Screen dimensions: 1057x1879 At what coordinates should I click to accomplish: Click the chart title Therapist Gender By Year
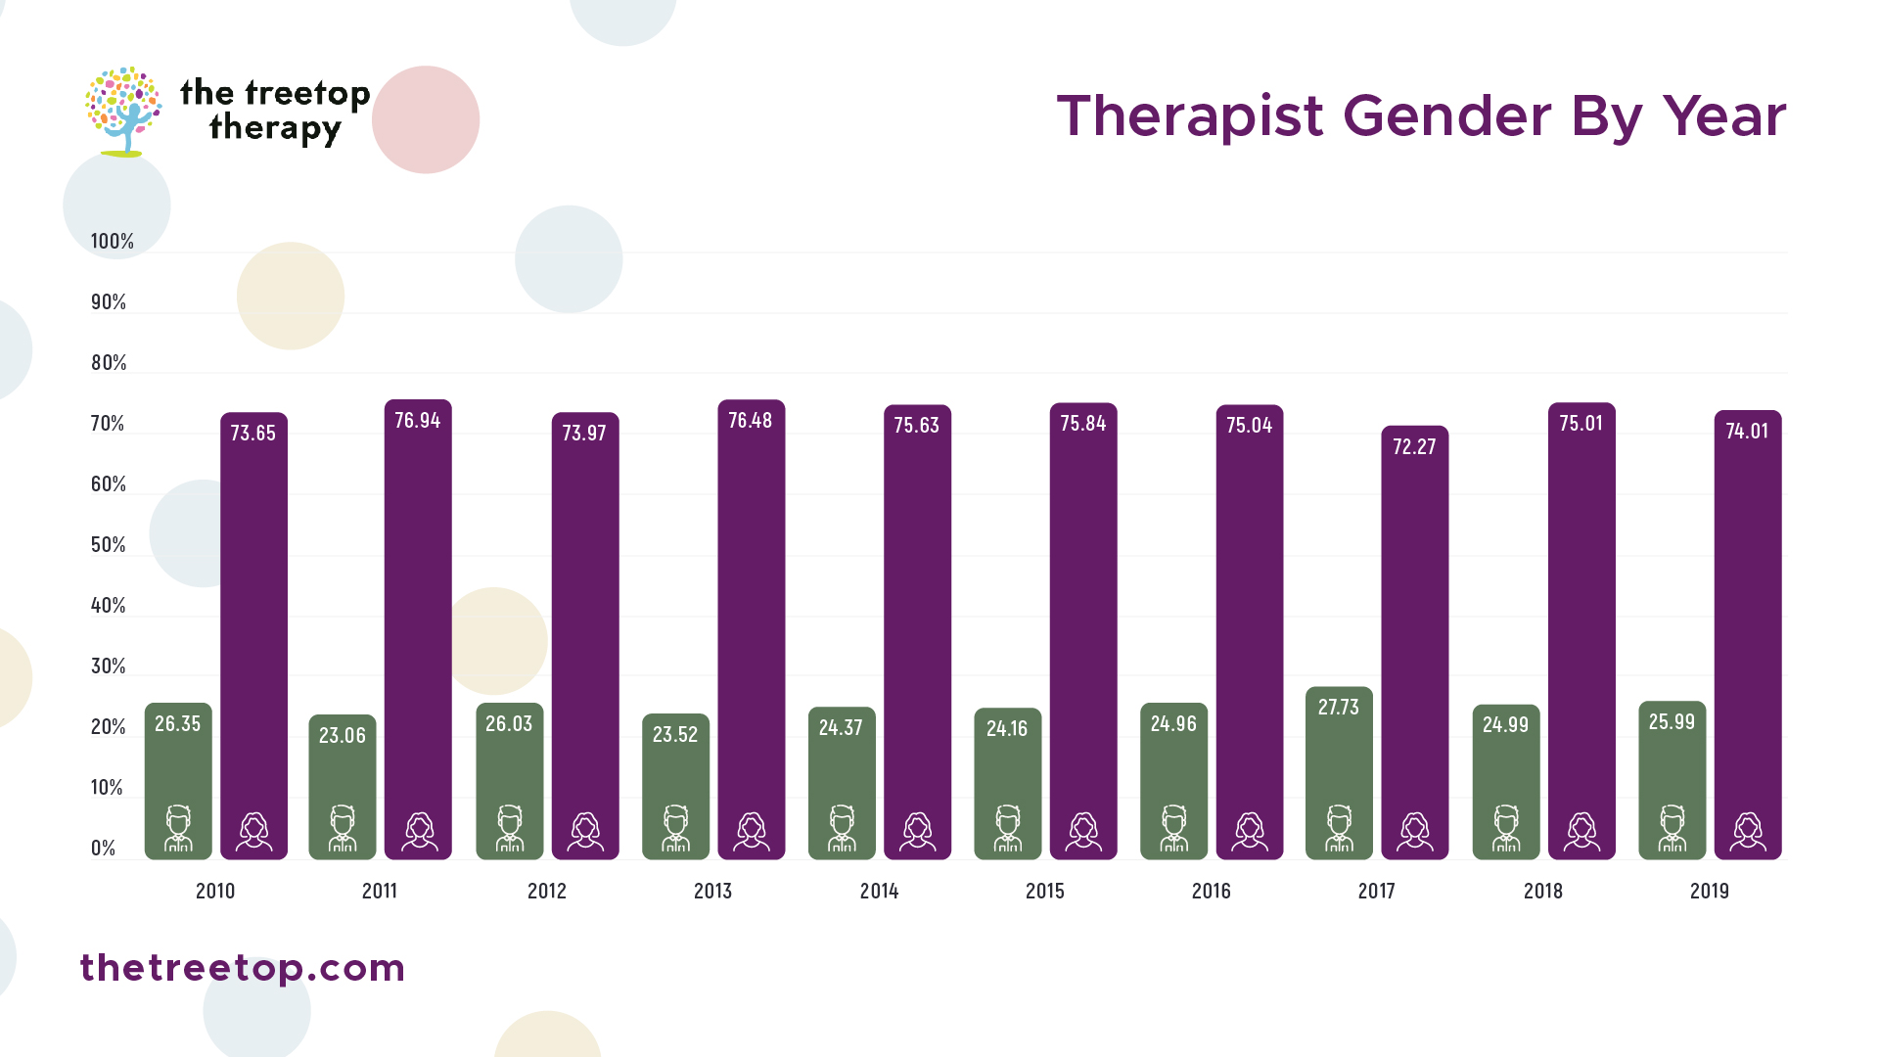(1421, 116)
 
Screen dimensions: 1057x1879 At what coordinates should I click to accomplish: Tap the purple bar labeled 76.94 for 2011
(418, 626)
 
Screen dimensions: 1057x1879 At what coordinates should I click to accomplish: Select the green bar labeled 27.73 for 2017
(1339, 773)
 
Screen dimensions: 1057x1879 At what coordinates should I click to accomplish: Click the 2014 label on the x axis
(879, 891)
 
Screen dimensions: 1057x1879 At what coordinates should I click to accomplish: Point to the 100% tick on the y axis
(112, 242)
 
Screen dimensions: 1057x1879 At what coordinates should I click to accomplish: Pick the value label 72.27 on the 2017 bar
(1414, 447)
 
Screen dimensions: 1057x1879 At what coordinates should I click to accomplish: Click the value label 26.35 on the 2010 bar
(177, 724)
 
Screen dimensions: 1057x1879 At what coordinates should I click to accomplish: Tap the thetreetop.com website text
(242, 968)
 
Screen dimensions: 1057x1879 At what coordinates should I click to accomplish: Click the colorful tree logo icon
(123, 111)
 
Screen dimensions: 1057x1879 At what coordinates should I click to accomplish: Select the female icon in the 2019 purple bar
(1748, 831)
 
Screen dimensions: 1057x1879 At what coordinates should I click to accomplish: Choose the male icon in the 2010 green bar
(178, 828)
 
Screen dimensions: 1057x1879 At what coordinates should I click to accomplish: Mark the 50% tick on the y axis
(108, 545)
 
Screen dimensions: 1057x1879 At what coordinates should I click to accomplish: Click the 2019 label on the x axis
(1709, 891)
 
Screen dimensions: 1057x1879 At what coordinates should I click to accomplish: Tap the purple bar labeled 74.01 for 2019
(1748, 636)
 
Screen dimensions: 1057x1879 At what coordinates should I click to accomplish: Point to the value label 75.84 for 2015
(1082, 424)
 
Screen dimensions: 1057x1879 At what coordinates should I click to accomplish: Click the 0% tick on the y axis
(103, 849)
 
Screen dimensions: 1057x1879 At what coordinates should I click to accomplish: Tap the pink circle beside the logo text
(426, 119)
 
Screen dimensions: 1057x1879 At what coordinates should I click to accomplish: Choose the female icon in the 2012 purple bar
(585, 831)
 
